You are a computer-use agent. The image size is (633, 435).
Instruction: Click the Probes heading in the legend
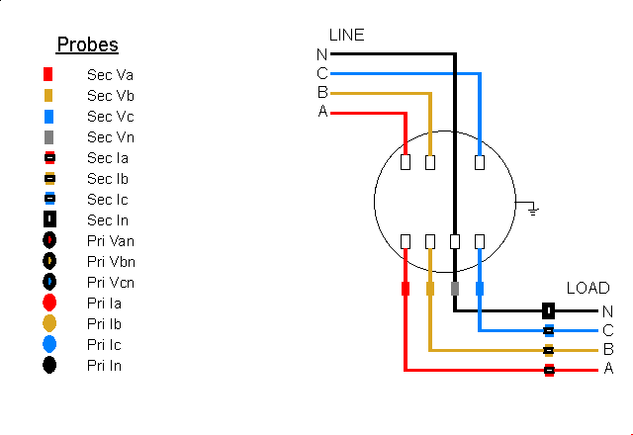87,44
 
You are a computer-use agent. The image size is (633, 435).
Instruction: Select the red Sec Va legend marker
48,75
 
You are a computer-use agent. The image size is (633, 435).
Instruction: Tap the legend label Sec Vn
110,137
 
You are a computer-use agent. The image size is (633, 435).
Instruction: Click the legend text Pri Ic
104,345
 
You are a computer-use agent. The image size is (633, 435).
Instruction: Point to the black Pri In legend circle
49,366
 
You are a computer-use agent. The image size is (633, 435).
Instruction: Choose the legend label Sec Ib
108,179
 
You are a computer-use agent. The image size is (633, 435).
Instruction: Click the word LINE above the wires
346,35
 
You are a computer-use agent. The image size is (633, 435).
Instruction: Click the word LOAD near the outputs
588,288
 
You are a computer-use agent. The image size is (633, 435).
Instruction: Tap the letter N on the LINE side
322,54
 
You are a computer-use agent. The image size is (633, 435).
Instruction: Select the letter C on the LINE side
322,73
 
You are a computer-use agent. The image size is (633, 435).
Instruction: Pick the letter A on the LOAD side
608,369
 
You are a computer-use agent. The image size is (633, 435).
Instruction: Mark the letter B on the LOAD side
608,349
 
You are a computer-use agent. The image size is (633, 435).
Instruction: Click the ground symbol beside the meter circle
532,208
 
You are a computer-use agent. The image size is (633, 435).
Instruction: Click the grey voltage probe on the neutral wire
455,289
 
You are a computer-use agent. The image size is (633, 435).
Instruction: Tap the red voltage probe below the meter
406,289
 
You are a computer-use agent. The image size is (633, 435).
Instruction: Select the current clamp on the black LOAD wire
548,310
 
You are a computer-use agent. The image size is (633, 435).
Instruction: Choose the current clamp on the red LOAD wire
548,370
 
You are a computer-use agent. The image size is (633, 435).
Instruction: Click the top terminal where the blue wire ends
480,162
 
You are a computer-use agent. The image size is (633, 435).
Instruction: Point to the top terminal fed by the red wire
406,162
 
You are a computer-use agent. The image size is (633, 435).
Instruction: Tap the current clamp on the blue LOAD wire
548,330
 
